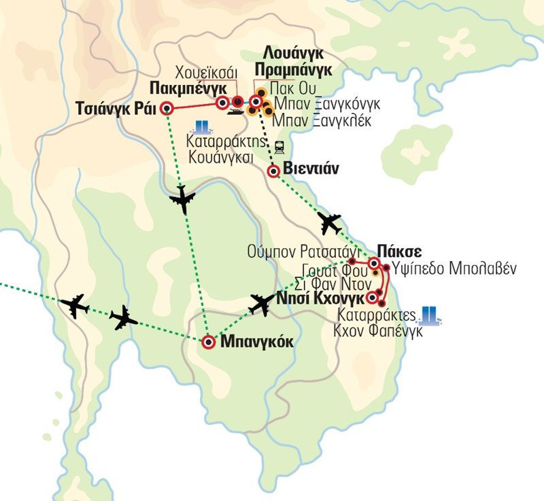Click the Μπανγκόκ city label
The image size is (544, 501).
(x=257, y=343)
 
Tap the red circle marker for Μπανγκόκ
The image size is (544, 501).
(x=209, y=341)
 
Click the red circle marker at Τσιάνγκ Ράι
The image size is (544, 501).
(x=167, y=107)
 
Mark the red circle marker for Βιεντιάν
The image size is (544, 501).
(x=273, y=171)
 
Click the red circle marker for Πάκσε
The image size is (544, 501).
(x=374, y=263)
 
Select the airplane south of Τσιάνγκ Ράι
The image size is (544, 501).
(x=182, y=198)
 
